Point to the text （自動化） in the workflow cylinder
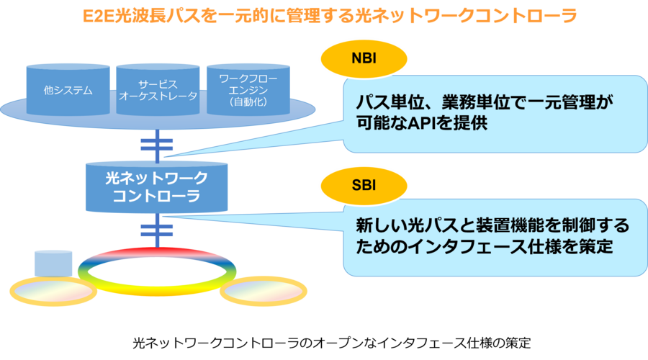coord(248,102)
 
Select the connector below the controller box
coord(156,230)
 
